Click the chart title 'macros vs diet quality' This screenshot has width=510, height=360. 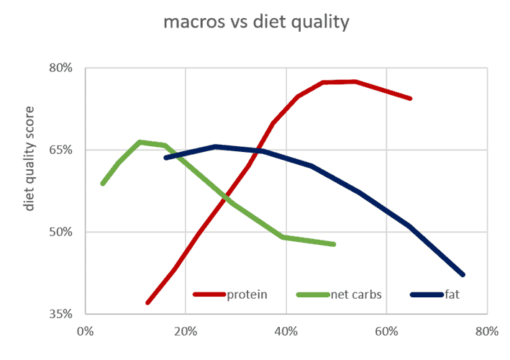255,22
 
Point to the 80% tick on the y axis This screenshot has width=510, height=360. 61,68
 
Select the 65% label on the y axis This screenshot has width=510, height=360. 61,150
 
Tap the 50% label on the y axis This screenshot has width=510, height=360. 61,232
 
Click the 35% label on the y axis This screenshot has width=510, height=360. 61,314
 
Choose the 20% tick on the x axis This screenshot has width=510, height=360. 186,332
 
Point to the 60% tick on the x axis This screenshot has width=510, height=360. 386,332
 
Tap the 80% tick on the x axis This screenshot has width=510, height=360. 487,332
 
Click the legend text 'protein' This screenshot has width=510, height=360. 247,294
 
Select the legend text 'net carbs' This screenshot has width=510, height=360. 355,294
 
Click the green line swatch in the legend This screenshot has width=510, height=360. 312,294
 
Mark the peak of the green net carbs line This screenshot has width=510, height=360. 140,142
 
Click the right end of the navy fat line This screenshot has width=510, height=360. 463,274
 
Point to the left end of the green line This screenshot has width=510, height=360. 103,184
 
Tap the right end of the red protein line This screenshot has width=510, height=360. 410,98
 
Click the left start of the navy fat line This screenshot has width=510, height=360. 166,158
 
